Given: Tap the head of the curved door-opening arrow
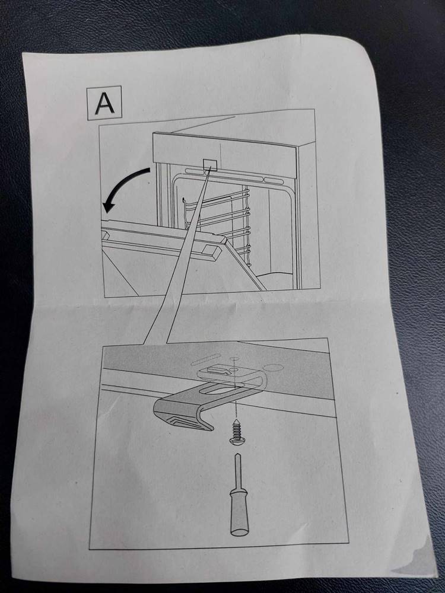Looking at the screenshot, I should point(107,206).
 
